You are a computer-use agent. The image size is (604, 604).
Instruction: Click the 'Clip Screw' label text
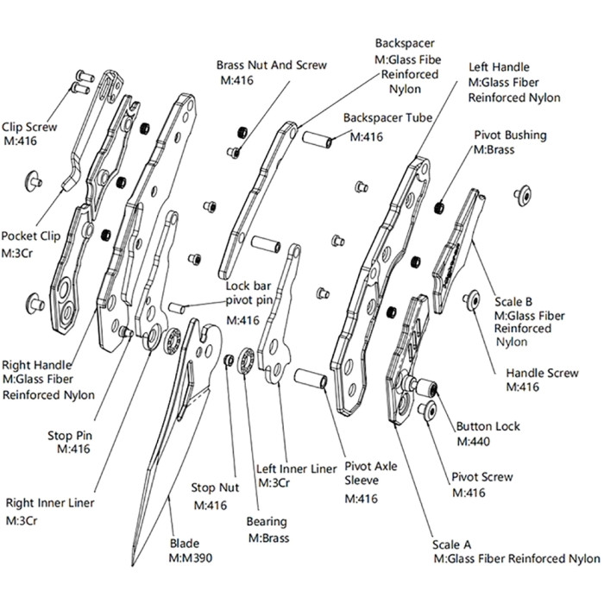29,127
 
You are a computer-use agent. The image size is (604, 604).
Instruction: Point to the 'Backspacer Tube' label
387,117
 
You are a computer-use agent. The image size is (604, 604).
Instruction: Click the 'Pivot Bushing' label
509,135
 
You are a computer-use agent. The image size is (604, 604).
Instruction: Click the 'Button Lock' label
488,426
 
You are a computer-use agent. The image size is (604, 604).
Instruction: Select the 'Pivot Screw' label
482,477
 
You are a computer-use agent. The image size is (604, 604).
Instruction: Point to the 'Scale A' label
452,545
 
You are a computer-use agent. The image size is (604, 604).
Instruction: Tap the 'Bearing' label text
267,522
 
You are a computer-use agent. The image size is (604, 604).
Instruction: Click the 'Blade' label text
185,544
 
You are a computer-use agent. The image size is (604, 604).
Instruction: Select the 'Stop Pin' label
72,435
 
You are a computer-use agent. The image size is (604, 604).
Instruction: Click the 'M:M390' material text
191,558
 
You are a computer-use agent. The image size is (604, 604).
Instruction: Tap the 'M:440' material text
473,441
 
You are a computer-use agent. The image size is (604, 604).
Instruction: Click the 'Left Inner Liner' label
297,469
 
